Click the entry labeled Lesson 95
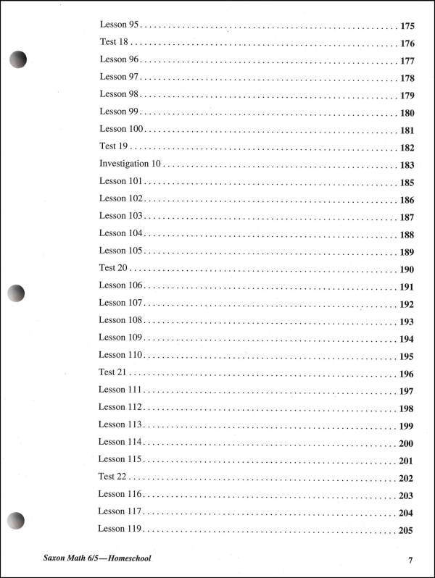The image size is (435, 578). coord(119,25)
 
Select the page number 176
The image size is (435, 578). coord(407,43)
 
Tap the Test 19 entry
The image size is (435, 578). coord(113,146)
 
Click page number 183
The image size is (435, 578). coord(407,165)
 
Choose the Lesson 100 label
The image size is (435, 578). coord(122,129)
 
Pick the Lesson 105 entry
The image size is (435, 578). coord(121,251)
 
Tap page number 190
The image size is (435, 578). coord(407,269)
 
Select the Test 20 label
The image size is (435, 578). coord(113,268)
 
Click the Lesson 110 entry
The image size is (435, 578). coord(121,355)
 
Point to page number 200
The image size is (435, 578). coord(406,443)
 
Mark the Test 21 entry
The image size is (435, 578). coord(113,372)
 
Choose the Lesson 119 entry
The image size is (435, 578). coord(120,529)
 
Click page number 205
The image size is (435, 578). coord(406,530)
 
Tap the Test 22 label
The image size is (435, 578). coord(112,477)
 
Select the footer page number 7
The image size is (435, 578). coord(410,560)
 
